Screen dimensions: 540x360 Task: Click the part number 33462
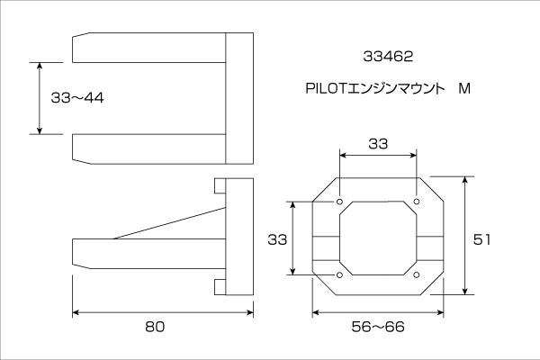tap(388, 57)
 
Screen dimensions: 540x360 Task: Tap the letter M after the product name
tap(464, 88)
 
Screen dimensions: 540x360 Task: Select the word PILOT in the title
tap(326, 88)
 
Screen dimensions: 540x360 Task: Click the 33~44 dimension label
tap(77, 98)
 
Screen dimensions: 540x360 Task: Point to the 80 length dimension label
tap(155, 327)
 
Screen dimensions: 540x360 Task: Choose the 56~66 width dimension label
tap(378, 327)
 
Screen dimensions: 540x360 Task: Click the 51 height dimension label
tap(481, 239)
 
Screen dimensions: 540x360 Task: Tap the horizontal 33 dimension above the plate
tap(378, 144)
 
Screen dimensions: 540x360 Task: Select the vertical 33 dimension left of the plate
tap(277, 239)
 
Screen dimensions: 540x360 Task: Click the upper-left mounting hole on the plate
tap(339, 202)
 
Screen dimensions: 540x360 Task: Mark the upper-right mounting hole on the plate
tap(417, 202)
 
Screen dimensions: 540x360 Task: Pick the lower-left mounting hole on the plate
tap(339, 274)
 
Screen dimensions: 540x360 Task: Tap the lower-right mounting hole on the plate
tap(417, 274)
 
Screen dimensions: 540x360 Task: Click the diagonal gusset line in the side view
tap(169, 223)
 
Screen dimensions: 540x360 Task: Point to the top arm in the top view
tap(148, 48)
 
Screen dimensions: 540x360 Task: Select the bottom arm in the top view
tap(148, 148)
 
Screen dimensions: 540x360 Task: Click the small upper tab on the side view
tap(220, 185)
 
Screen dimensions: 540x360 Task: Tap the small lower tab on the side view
tap(220, 287)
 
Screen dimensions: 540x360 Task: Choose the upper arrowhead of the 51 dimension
tap(465, 181)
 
